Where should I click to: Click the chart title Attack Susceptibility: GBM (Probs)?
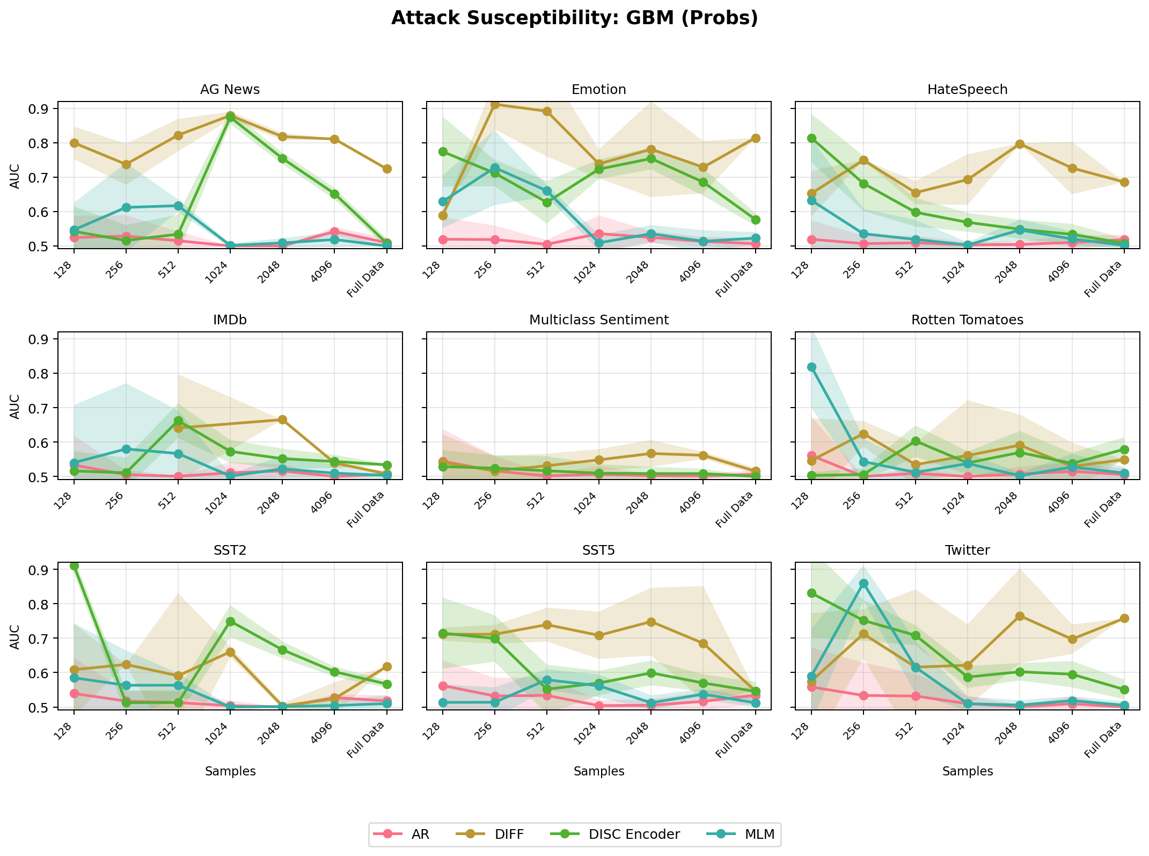(574, 18)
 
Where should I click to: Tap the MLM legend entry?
(759, 834)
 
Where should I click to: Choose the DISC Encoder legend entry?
(634, 834)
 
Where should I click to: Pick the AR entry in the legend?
(420, 834)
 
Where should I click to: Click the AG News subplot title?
(230, 90)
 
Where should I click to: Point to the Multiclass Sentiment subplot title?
(598, 320)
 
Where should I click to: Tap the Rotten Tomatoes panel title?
(967, 320)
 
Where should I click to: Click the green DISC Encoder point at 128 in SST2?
(74, 566)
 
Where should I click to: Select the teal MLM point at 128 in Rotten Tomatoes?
(811, 367)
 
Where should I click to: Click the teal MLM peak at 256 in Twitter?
(863, 583)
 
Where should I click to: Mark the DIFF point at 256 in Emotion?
(495, 104)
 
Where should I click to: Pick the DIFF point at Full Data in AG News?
(386, 169)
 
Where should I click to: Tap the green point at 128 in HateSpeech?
(811, 138)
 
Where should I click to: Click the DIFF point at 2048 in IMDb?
(282, 419)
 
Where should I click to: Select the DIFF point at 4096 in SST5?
(703, 643)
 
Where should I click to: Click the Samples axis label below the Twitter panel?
(967, 771)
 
